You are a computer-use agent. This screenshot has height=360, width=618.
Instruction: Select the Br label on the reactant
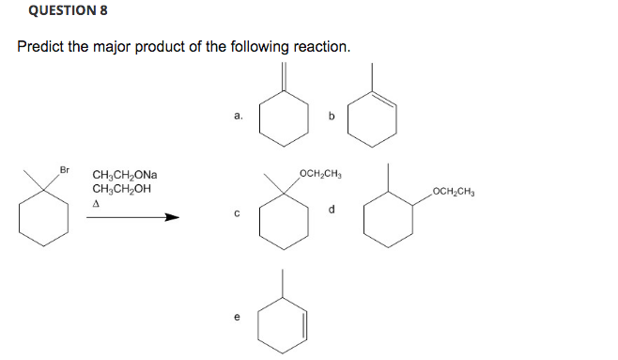[65, 169]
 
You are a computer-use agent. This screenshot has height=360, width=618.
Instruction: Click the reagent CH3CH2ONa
[125, 175]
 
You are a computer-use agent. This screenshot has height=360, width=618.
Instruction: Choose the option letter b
[331, 117]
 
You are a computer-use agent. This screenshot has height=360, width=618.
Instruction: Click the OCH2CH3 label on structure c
[321, 175]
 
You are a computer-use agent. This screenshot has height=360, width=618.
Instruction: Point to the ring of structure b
[373, 119]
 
